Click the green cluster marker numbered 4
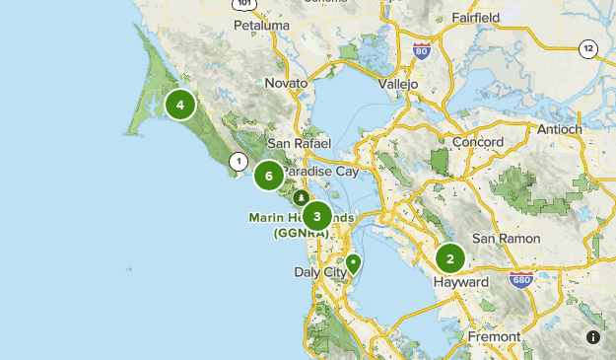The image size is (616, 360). [180, 104]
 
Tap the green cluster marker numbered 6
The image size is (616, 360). [268, 177]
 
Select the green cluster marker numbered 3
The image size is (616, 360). [316, 216]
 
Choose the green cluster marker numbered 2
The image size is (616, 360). [450, 259]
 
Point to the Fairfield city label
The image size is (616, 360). [477, 17]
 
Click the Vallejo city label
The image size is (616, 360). [398, 84]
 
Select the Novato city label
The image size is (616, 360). [287, 83]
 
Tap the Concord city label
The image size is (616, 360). [477, 141]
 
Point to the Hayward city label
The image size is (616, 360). [461, 282]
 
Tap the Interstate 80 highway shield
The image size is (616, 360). [421, 51]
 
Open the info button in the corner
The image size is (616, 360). [593, 337]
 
